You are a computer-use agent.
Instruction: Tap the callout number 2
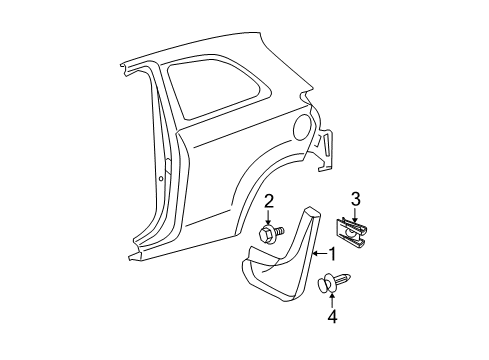[267, 201]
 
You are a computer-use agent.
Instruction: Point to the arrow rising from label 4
[333, 301]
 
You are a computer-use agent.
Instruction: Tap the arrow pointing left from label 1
[319, 254]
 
